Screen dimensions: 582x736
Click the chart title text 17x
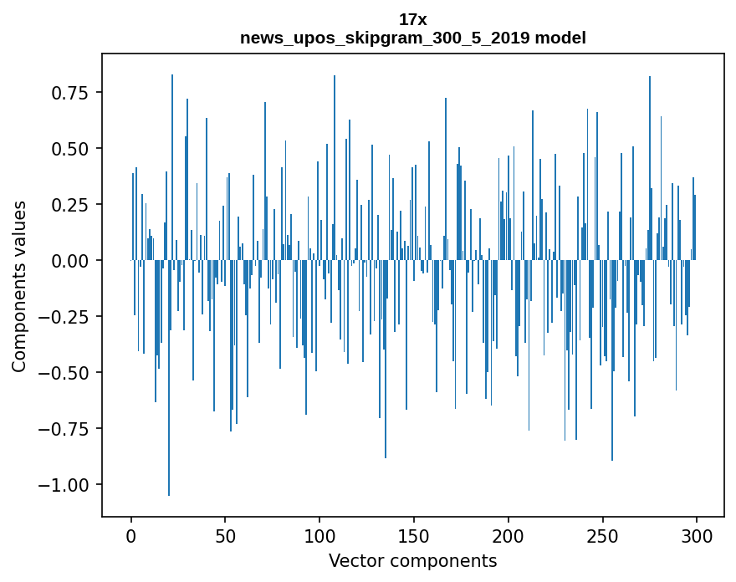point(413,19)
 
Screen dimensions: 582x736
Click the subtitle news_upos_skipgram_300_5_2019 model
point(413,38)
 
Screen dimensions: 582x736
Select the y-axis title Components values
point(18,285)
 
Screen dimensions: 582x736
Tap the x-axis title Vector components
point(413,561)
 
